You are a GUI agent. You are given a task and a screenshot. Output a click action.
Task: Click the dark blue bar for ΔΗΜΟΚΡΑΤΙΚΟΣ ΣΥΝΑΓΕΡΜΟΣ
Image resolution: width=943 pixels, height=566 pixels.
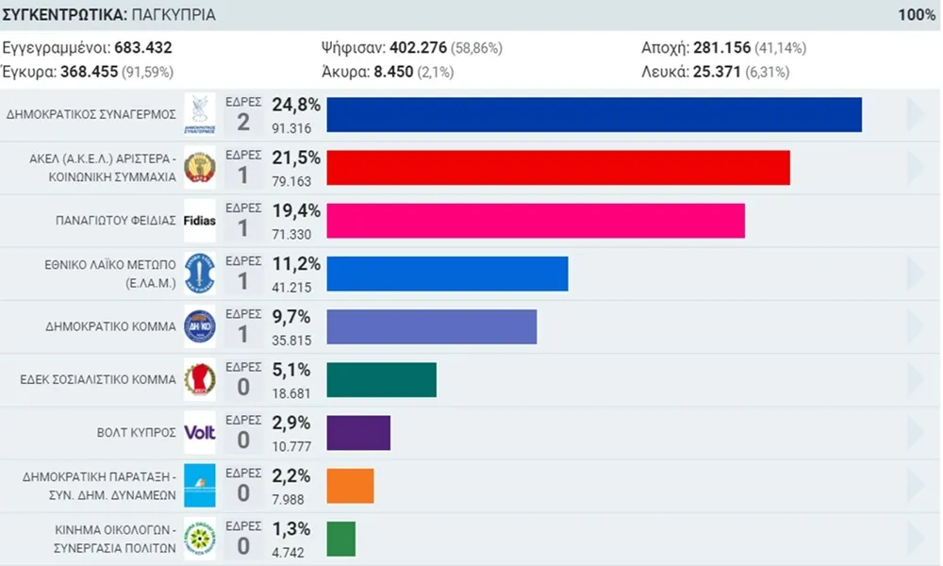(x=594, y=114)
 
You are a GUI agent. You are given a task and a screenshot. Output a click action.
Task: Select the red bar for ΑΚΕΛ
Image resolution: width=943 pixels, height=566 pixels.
(x=558, y=167)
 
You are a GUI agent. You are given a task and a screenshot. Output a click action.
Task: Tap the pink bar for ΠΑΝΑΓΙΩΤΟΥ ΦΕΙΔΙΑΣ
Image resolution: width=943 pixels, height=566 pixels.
(x=536, y=220)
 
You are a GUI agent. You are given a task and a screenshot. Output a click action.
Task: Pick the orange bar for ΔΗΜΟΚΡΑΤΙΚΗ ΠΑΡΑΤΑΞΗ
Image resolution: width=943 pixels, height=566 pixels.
(x=350, y=486)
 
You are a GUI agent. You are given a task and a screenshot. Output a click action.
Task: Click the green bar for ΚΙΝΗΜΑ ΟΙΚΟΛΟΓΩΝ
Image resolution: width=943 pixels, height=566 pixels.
(x=340, y=539)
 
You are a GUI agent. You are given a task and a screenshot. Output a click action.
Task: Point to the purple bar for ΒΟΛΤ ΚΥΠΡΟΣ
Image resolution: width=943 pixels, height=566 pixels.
(x=358, y=433)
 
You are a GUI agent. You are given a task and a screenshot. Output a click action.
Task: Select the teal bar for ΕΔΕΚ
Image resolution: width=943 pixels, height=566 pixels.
(x=381, y=379)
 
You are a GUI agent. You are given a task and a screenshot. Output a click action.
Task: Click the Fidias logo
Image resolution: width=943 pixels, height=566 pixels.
(x=199, y=221)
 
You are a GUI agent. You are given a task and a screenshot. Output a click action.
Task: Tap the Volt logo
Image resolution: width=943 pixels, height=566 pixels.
(x=199, y=433)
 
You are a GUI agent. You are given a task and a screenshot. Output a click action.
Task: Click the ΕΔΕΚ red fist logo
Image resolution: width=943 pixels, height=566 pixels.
(x=199, y=379)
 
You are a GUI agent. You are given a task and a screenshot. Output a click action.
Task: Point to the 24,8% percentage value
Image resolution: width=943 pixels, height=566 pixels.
(x=296, y=105)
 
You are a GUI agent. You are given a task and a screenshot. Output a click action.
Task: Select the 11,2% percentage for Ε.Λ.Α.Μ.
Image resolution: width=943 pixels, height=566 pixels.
(x=296, y=263)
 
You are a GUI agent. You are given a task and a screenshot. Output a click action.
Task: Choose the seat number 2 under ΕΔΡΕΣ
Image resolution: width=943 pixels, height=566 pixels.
(x=242, y=122)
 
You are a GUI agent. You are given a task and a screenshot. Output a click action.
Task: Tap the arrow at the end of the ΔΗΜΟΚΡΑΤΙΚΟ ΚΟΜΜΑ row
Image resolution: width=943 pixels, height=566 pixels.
(x=915, y=326)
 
